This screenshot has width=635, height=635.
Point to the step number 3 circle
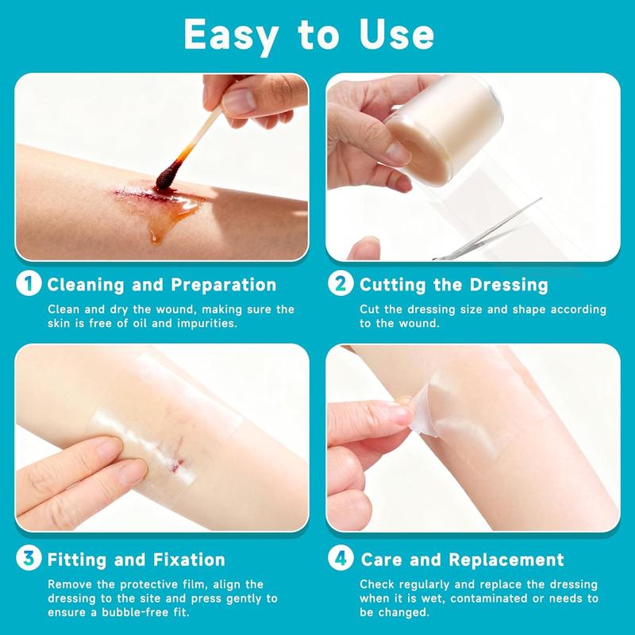(x=29, y=560)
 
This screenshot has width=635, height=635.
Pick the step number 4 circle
(x=341, y=560)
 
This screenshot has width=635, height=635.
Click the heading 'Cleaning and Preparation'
(x=162, y=285)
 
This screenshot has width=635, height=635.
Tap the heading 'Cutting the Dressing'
(x=453, y=285)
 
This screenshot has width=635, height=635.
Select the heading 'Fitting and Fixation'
(x=137, y=560)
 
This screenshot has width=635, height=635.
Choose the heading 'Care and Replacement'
(x=463, y=560)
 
